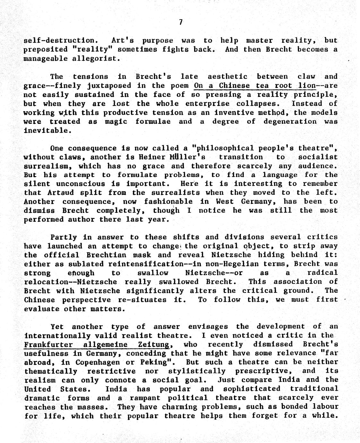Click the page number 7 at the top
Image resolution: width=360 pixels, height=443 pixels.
click(x=181, y=22)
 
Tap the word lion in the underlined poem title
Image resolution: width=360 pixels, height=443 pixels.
click(x=307, y=86)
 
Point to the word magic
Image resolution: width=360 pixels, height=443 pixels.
click(x=116, y=122)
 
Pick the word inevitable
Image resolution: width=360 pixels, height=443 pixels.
click(x=46, y=131)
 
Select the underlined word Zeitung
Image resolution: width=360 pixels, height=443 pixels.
click(x=153, y=345)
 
